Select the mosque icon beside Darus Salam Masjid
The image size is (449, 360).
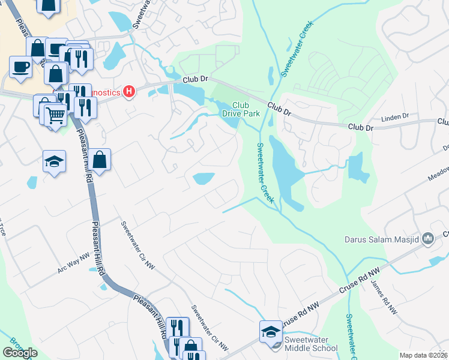[428, 239]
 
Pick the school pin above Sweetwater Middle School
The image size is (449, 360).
[270, 331]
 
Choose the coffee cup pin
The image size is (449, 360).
[20, 66]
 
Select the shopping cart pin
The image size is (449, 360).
[55, 113]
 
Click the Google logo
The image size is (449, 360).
[20, 353]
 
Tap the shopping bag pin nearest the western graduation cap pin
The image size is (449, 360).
[100, 160]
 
